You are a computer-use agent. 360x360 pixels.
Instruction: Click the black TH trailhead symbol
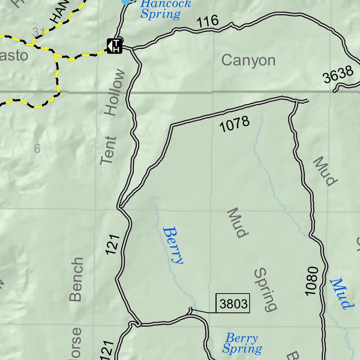pos(115,46)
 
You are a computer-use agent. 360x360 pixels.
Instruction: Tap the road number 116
pos(207,22)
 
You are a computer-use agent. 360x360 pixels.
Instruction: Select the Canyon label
pos(248,60)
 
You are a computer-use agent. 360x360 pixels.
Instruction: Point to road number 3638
pos(338,75)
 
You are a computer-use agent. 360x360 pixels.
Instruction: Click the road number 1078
pos(234,124)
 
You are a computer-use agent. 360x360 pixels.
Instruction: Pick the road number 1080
pos(312,281)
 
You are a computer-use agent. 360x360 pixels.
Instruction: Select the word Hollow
pos(115,93)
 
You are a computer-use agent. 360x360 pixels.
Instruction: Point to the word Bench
pos(76,279)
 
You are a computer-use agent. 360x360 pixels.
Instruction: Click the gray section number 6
pos(37,149)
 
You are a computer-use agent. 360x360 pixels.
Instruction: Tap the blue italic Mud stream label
pos(341,294)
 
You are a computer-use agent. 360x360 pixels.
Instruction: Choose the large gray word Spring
pos(266,290)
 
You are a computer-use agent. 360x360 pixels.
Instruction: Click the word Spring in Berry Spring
pos(242,349)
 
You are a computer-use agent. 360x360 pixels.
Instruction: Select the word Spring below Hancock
pos(160,15)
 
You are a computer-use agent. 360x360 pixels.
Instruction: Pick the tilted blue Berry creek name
pos(173,245)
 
